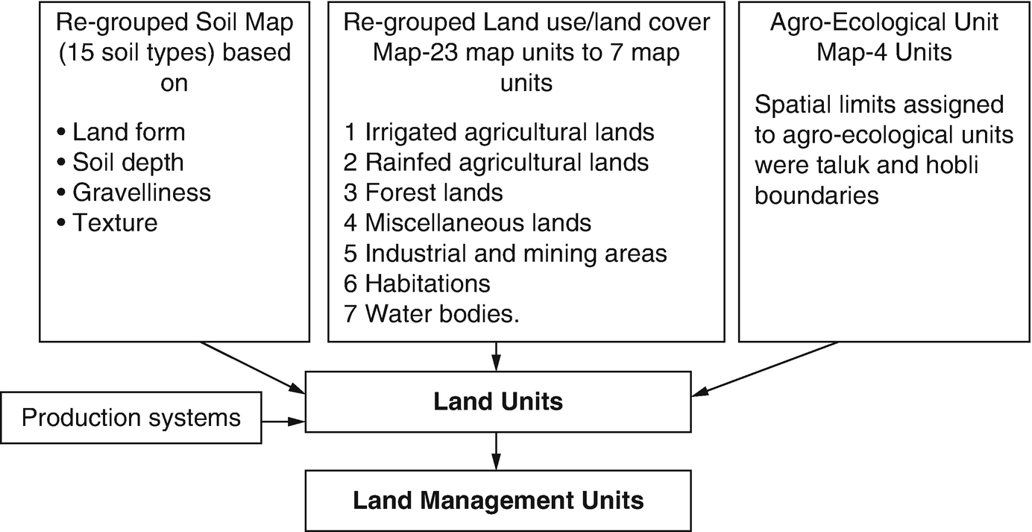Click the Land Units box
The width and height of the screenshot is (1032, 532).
[497, 403]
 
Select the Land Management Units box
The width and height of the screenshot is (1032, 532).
[497, 499]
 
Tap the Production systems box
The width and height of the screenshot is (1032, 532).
[131, 417]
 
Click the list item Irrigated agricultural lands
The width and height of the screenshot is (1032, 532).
[499, 132]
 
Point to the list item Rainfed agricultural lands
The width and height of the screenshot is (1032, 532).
[496, 162]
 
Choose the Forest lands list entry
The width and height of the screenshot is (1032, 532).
[423, 193]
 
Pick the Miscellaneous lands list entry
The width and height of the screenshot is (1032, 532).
[468, 222]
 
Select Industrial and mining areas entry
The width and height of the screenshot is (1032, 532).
[505, 253]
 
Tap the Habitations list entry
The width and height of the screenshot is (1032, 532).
[417, 284]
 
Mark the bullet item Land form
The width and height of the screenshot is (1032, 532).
[122, 132]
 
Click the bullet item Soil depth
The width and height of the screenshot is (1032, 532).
[120, 162]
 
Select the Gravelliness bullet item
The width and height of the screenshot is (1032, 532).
[133, 193]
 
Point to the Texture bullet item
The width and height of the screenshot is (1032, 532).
[107, 222]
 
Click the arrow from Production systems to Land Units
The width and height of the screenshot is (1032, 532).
[283, 422]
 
